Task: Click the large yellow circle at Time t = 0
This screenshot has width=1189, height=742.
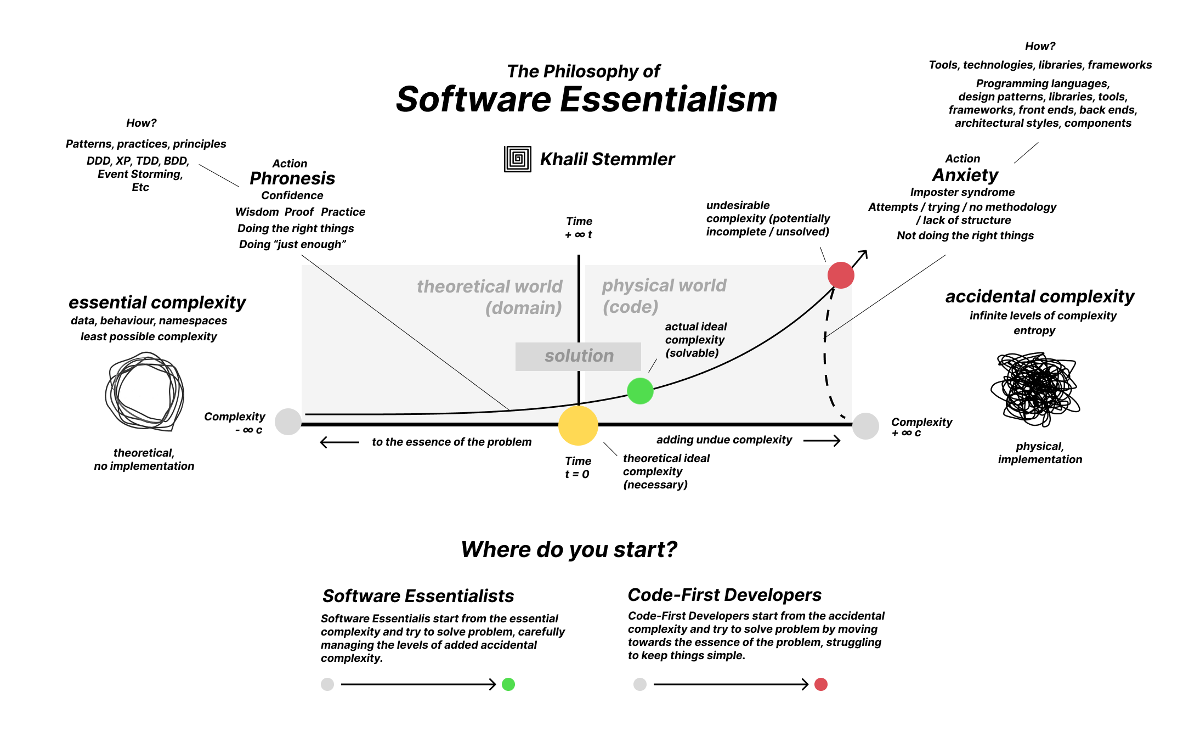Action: pos(578,425)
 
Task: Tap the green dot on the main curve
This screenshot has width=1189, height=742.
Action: pos(640,391)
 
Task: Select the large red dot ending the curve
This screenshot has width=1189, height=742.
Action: pos(841,275)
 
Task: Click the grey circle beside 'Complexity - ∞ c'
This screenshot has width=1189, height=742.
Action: pos(288,422)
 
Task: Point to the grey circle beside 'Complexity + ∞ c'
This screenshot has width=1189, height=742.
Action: pos(866,426)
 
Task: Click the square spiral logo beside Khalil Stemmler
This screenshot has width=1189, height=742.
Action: pos(518,159)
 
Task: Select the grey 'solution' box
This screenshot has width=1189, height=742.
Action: pos(578,356)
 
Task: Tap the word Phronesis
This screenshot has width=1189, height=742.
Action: pos(292,178)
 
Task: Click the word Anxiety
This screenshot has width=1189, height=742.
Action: pos(965,175)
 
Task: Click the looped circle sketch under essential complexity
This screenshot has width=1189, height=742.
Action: pos(144,391)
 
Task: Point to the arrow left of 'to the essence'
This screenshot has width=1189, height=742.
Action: pos(339,442)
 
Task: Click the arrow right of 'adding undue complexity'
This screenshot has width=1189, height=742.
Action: pos(822,440)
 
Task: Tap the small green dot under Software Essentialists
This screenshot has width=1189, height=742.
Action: pos(508,684)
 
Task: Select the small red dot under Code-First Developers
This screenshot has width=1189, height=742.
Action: pos(821,684)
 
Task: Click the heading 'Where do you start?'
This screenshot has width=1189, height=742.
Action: pos(569,549)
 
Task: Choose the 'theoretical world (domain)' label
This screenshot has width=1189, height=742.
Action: pos(490,297)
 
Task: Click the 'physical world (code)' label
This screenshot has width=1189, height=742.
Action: pos(664,296)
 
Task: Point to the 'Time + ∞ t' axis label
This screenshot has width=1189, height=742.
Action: pos(579,228)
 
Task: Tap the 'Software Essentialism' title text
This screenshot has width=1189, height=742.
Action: pos(587,99)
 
